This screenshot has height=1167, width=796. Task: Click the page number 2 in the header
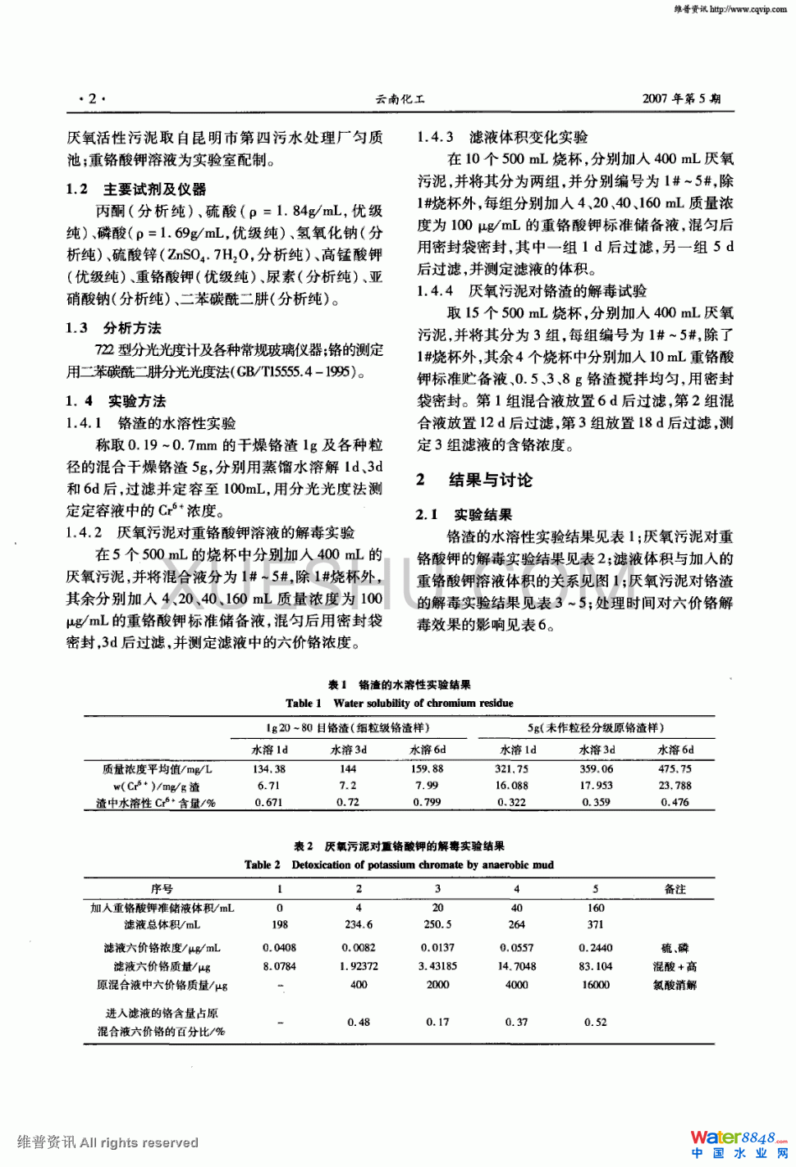[x=92, y=98]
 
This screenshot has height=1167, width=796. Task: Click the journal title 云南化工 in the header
[x=400, y=99]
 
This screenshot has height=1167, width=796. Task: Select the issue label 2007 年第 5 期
[x=681, y=98]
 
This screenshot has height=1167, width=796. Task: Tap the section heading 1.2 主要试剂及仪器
[x=136, y=189]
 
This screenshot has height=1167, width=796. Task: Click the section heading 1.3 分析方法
[x=114, y=328]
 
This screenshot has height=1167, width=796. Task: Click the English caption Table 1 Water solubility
[x=399, y=703]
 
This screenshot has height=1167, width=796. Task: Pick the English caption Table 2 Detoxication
[x=399, y=864]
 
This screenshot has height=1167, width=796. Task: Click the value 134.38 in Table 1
[x=269, y=769]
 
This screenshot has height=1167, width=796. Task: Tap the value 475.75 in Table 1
[x=675, y=769]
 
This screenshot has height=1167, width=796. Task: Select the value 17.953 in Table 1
[x=596, y=786]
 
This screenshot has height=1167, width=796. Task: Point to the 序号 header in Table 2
[x=162, y=889]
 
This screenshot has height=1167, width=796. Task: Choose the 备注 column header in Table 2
[x=675, y=889]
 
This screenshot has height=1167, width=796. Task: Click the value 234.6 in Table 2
[x=359, y=924]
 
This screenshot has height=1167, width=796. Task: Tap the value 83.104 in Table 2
[x=596, y=966]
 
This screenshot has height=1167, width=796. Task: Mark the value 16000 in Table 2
[x=596, y=985]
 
